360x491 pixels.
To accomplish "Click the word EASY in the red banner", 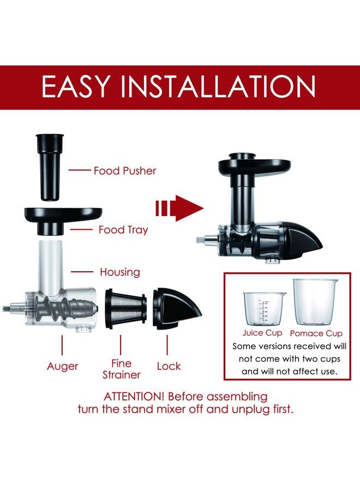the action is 76,87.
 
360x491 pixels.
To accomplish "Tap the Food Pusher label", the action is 125,171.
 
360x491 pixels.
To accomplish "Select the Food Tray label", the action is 123,230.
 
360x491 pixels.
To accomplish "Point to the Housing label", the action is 120,272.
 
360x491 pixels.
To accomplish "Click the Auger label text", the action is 62,366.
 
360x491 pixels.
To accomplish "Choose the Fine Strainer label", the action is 122,369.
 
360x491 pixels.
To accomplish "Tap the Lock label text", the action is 169,366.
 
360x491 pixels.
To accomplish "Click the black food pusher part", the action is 50,167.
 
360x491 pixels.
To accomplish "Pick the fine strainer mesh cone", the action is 126,309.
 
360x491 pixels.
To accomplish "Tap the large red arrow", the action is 179,208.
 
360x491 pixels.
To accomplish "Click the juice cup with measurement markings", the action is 264,308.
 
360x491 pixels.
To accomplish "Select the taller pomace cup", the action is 315,302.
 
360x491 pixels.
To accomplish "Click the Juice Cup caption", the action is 262,333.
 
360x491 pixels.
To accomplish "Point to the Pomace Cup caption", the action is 316,333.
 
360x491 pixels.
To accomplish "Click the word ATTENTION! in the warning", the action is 134,397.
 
